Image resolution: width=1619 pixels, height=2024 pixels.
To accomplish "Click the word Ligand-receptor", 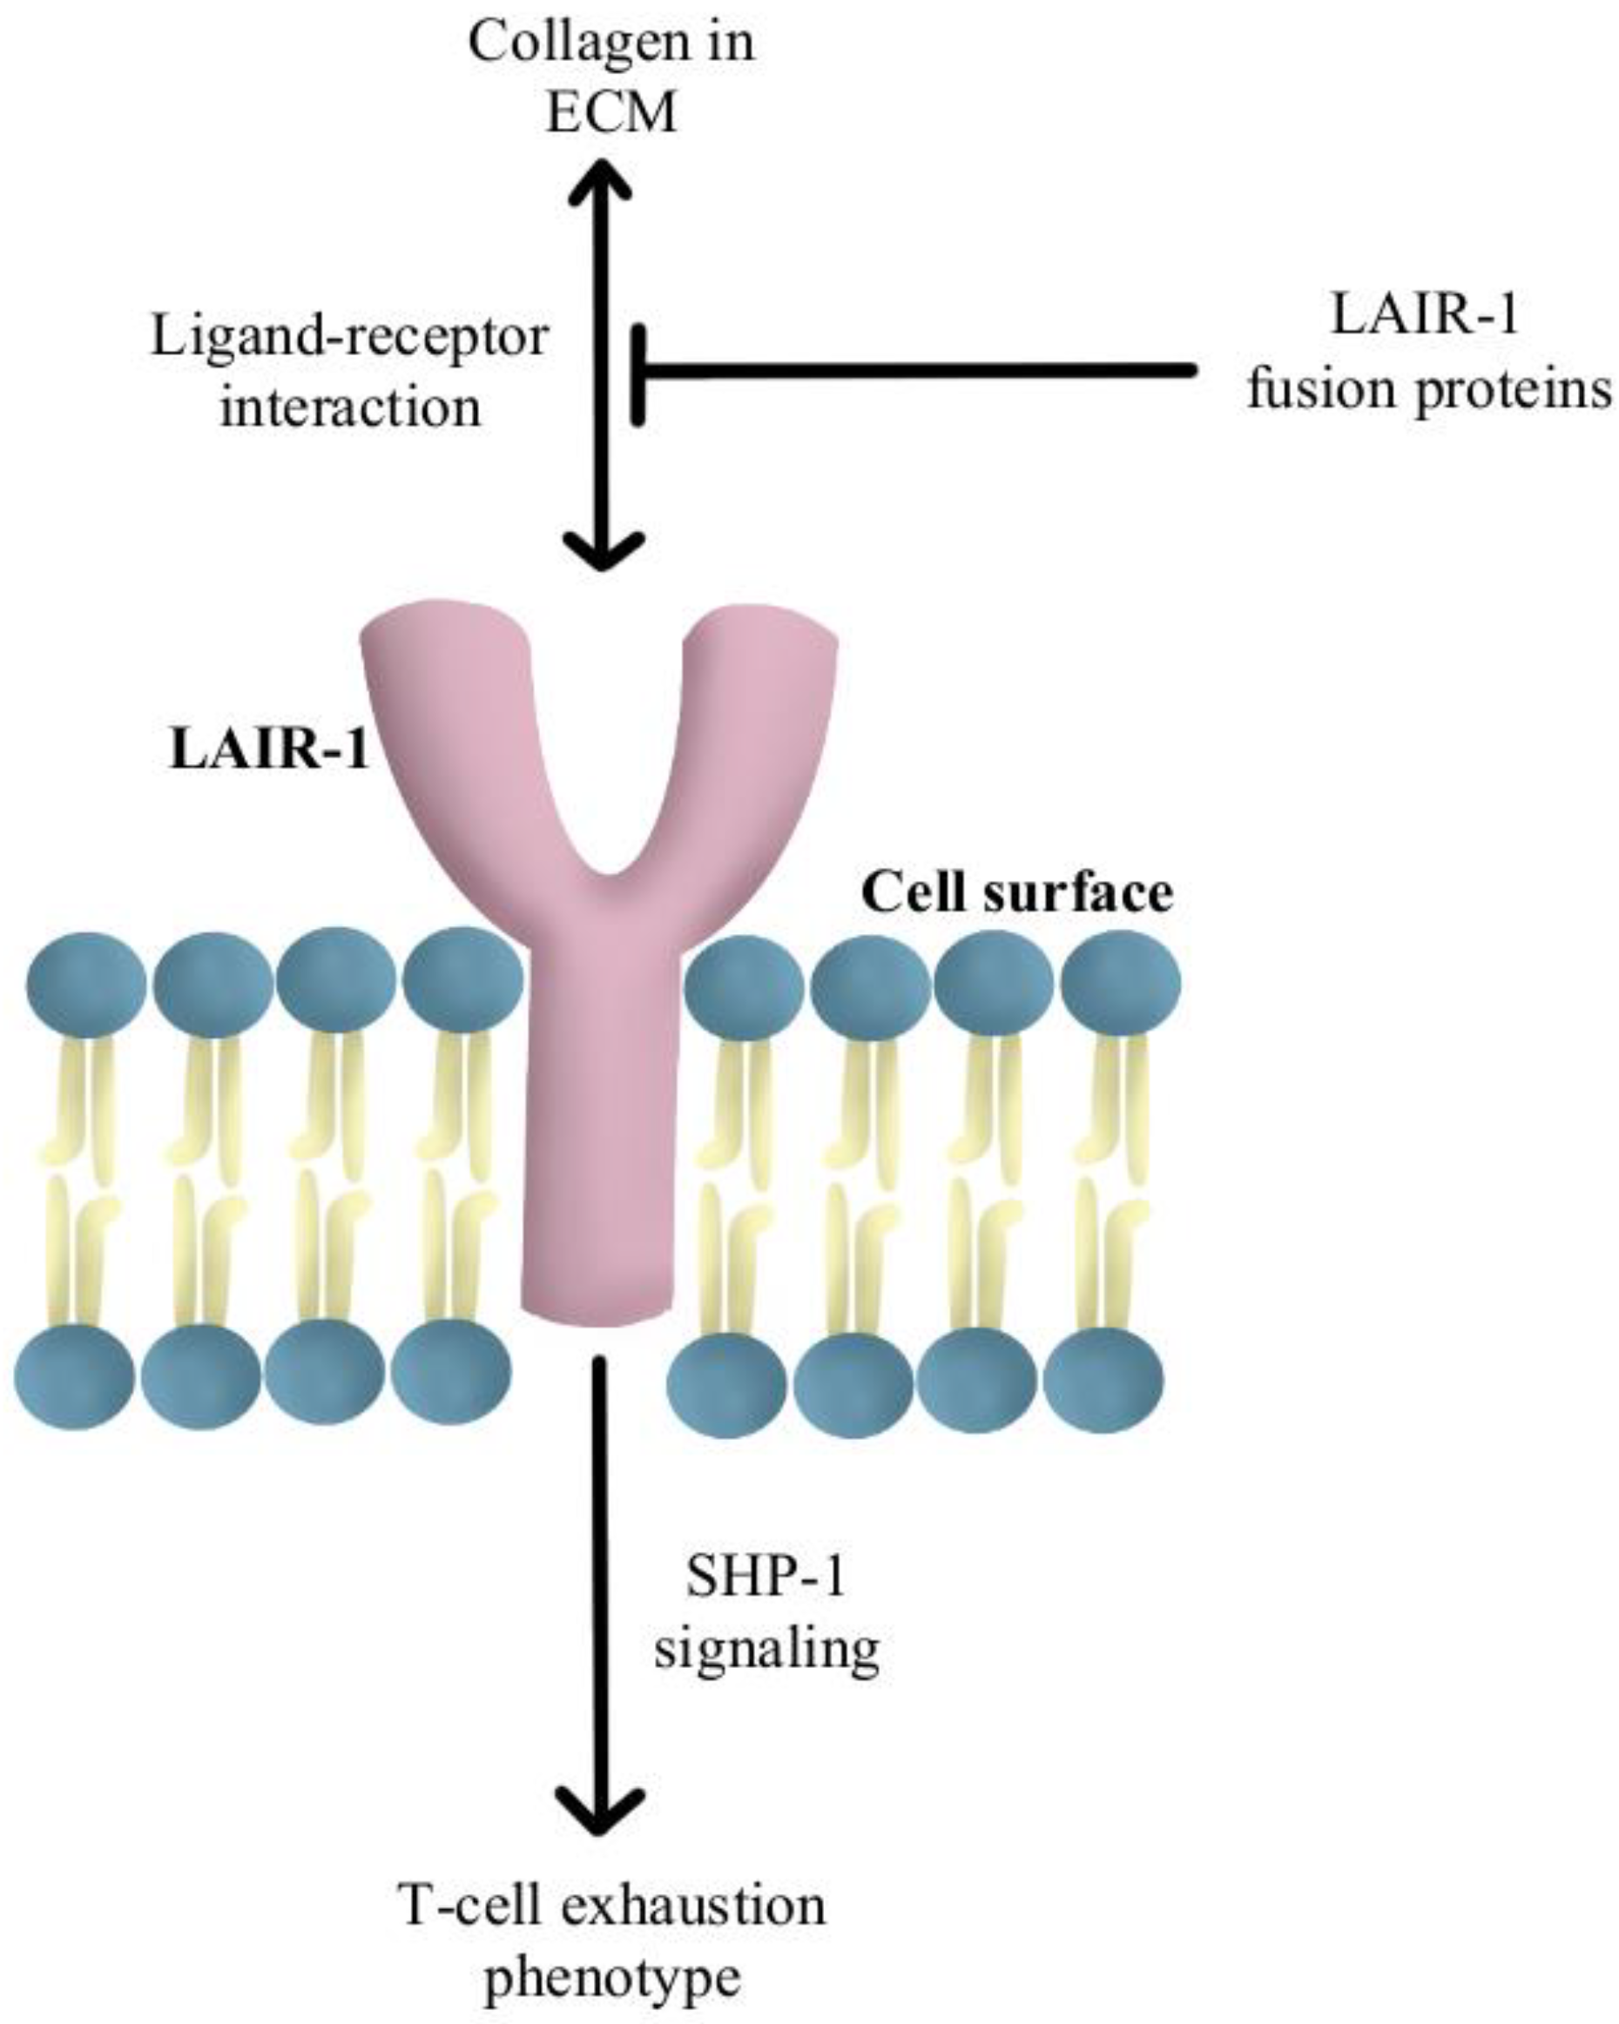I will pyautogui.click(x=348, y=336).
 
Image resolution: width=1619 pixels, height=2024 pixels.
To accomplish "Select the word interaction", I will pyautogui.click(x=350, y=406).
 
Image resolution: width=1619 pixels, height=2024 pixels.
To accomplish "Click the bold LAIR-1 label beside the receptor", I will pyautogui.click(x=268, y=751).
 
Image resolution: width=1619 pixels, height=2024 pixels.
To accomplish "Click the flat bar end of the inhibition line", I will pyautogui.click(x=638, y=372).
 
